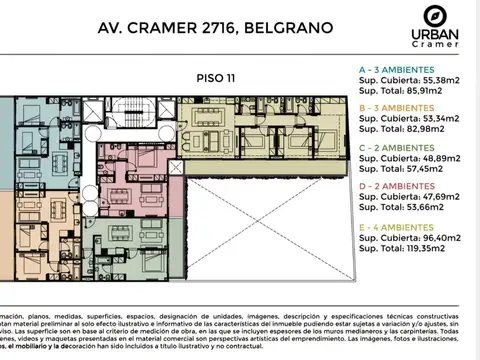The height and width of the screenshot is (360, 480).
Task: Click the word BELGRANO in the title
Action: [x=294, y=25]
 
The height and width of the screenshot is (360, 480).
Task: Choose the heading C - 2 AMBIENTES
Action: [x=406, y=148]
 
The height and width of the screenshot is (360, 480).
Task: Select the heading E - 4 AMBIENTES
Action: [x=406, y=226]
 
